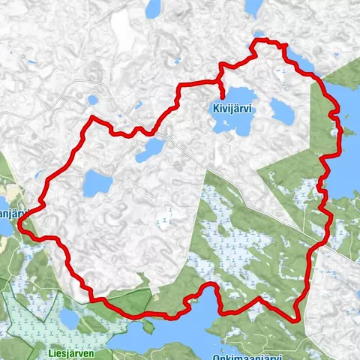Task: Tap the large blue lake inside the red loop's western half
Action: click(x=97, y=182)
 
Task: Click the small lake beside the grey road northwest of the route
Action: click(x=93, y=99)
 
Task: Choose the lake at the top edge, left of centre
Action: click(x=154, y=8)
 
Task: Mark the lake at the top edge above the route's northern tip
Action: click(x=253, y=7)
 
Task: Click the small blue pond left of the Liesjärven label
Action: click(x=69, y=319)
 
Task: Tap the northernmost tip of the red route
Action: click(x=259, y=39)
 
